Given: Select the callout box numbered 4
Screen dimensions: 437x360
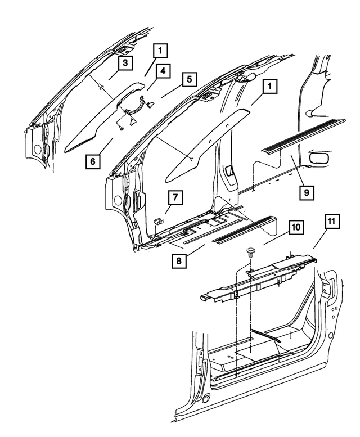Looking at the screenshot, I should click(162, 71).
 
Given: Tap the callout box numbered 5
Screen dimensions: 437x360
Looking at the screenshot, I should click(189, 79).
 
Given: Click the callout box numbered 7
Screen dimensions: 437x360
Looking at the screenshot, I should click(175, 197).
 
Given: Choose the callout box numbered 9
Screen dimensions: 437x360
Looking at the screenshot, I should click(306, 192).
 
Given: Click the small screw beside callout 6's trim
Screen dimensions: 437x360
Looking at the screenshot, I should click(121, 129).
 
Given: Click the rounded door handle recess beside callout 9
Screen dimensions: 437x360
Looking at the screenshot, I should click(319, 159).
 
